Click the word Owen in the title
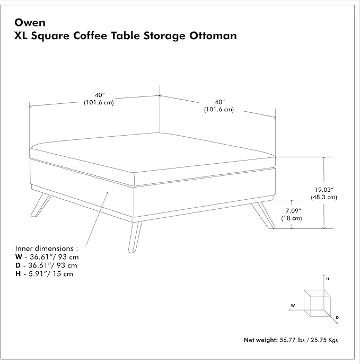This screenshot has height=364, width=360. click(x=30, y=23)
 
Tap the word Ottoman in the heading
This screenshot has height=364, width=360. click(x=213, y=35)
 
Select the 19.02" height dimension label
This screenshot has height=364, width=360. click(x=324, y=190)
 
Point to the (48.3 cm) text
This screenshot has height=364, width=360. click(x=324, y=197)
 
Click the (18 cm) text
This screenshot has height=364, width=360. click(x=292, y=218)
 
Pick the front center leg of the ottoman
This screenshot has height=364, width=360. click(x=135, y=237)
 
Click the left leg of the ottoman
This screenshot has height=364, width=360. click(x=41, y=206)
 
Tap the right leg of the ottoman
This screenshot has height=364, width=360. click(x=264, y=215)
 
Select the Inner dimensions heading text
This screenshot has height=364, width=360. click(x=47, y=248)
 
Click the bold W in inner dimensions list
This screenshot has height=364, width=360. click(x=19, y=257)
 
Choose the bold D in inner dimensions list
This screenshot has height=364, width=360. click(x=18, y=265)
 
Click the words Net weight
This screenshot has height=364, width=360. click(x=261, y=340)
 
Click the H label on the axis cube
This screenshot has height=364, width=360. click(x=328, y=279)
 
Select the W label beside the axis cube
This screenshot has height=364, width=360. click(x=293, y=306)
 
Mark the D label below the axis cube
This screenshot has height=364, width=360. click(x=337, y=317)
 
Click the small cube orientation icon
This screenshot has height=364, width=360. click(x=317, y=303)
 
